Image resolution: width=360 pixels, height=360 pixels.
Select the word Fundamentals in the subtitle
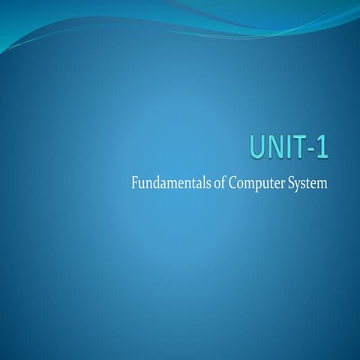[x=166, y=183]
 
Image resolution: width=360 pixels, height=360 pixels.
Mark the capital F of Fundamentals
[x=133, y=183]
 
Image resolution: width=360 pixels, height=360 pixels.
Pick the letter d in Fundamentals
[x=154, y=183]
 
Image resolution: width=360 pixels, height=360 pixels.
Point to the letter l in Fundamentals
[x=197, y=182]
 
